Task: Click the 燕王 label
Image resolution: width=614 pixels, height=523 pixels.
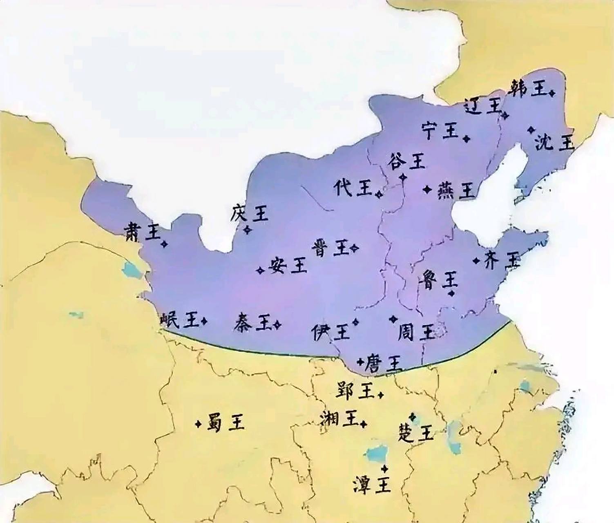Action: pyautogui.click(x=456, y=190)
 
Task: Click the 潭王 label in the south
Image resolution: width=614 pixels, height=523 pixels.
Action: pyautogui.click(x=372, y=485)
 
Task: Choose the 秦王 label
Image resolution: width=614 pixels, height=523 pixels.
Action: pyautogui.click(x=253, y=323)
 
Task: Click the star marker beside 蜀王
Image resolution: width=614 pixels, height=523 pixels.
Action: pyautogui.click(x=199, y=424)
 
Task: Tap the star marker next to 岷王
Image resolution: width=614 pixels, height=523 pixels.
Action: pyautogui.click(x=204, y=322)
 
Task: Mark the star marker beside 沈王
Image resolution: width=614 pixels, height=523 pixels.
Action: pyautogui.click(x=531, y=130)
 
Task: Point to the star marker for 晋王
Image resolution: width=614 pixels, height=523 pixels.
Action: pyautogui.click(x=354, y=248)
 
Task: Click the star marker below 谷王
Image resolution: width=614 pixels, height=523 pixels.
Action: pyautogui.click(x=403, y=177)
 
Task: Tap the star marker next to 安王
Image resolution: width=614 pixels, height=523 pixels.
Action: pyautogui.click(x=260, y=270)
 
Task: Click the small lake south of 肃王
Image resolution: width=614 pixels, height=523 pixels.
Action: pyautogui.click(x=131, y=269)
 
